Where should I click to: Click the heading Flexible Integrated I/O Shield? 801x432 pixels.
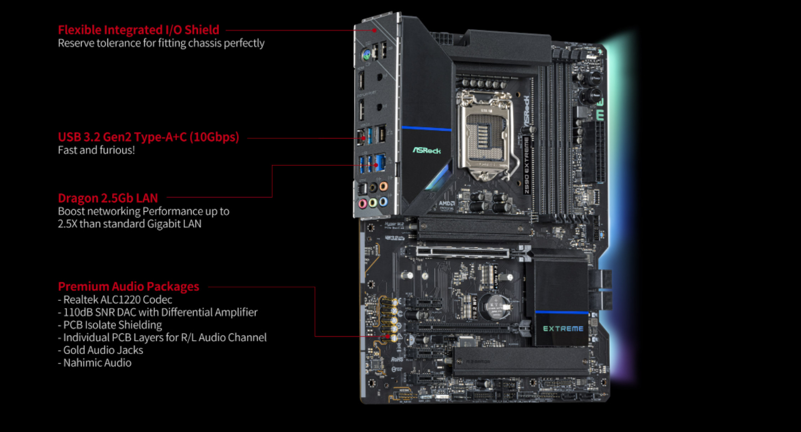pyautogui.click(x=139, y=30)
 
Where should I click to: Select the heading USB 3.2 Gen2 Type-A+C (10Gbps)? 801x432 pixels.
pyautogui.click(x=148, y=137)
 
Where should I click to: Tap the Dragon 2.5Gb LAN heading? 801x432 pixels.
pyautogui.click(x=107, y=198)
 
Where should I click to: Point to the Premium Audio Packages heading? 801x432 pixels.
pyautogui.click(x=128, y=287)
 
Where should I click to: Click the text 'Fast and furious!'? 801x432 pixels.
pyautogui.click(x=96, y=150)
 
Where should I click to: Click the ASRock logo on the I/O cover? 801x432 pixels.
pyautogui.click(x=427, y=151)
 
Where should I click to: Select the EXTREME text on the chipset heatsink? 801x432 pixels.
pyautogui.click(x=563, y=329)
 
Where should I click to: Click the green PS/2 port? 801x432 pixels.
pyautogui.click(x=366, y=54)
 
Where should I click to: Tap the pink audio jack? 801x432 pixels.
pyautogui.click(x=362, y=203)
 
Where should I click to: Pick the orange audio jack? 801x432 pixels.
pyautogui.click(x=383, y=186)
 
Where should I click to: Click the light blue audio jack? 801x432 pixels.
pyautogui.click(x=383, y=201)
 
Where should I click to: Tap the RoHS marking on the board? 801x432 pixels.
pyautogui.click(x=397, y=359)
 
